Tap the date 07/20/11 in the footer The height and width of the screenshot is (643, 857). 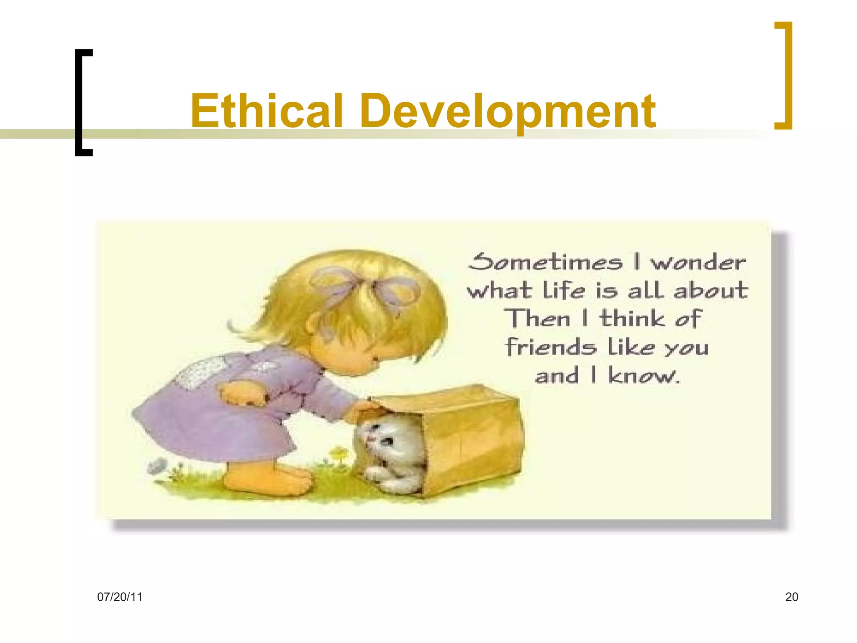120,597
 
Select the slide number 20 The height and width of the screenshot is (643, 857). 791,597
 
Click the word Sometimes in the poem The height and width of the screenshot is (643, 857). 545,262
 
